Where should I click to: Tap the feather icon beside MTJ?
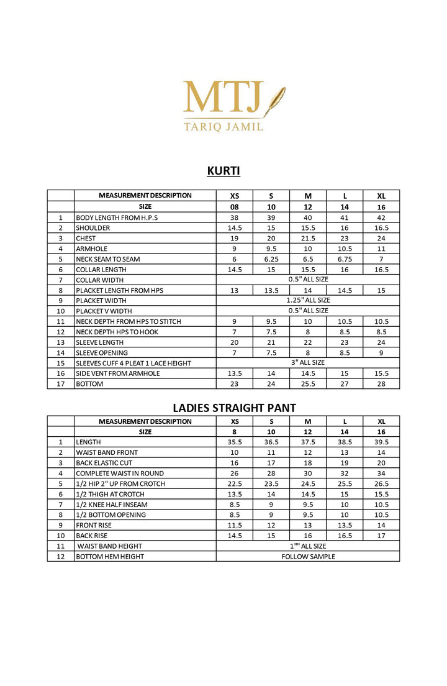[274, 101]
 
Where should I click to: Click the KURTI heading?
[223, 171]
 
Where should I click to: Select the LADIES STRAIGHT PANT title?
[234, 408]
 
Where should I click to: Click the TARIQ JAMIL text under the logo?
[223, 127]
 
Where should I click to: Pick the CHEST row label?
[86, 239]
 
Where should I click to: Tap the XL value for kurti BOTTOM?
[381, 384]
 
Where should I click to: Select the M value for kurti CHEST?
[308, 239]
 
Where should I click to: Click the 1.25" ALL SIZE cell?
[308, 301]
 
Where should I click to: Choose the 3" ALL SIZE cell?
[308, 363]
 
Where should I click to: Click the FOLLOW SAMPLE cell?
[308, 557]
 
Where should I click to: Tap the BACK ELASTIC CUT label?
[104, 463]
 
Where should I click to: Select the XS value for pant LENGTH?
[235, 442]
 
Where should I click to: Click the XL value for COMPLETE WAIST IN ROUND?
[381, 473]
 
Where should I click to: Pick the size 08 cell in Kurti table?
[235, 207]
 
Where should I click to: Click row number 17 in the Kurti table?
[61, 384]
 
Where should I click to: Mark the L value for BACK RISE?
[345, 536]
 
